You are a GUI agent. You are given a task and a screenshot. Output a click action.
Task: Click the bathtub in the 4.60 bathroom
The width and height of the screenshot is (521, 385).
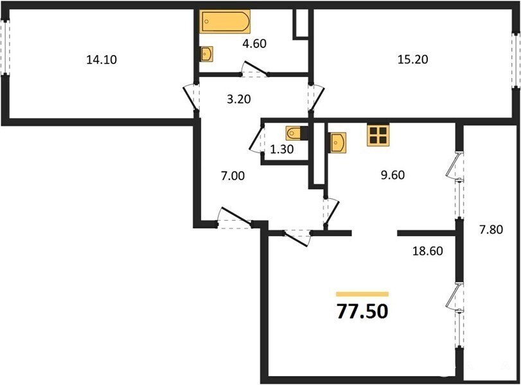[225, 22]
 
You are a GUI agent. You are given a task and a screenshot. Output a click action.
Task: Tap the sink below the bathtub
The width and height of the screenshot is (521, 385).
[208, 54]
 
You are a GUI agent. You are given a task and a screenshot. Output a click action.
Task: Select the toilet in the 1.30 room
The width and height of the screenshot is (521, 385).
[294, 133]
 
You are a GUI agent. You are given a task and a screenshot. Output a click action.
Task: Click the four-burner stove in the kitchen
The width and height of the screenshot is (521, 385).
[378, 135]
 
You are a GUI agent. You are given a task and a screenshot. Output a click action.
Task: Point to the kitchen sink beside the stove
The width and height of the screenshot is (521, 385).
[338, 142]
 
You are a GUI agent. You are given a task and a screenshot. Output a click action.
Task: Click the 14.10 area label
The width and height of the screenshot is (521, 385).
[102, 60]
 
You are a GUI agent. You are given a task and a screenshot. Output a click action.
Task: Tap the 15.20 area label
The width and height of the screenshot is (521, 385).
[412, 60]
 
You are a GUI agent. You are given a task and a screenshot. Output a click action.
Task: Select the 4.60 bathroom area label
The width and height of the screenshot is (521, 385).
[254, 44]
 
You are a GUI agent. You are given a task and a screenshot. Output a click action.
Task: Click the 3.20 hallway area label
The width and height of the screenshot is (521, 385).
[238, 99]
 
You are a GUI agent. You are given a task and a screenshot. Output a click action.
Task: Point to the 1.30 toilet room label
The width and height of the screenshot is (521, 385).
[282, 150]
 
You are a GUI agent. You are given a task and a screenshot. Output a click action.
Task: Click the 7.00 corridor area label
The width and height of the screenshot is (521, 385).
[233, 176]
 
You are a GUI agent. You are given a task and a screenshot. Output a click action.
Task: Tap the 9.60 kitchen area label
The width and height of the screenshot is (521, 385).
[393, 175]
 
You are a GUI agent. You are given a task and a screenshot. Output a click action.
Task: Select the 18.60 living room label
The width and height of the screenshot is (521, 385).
[428, 251]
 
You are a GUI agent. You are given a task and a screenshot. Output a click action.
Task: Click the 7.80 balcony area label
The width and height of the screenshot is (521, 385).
[491, 229]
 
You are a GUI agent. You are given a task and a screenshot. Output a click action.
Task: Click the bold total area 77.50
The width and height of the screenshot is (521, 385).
[362, 311]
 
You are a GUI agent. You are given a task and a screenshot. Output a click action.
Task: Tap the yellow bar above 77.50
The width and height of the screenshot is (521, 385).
[362, 294]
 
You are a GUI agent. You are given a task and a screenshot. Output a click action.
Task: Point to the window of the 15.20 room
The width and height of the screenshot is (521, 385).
[516, 60]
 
